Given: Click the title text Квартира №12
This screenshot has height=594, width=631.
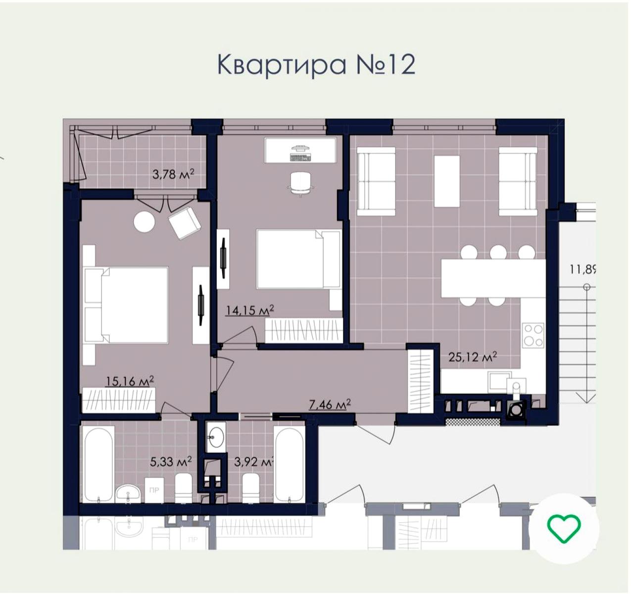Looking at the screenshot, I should pos(316,64).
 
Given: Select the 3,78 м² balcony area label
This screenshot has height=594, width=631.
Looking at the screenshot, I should pos(173,174).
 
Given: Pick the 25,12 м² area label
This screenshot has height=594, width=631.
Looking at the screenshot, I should pos(472,357).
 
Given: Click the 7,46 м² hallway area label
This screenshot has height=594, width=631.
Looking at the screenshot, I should pos(330,405).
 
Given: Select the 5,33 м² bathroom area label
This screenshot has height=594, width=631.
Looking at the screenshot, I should pos(170,462).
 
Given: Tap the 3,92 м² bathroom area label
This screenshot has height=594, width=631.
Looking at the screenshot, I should pos(253,462).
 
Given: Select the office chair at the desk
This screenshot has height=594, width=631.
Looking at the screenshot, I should pos(301,183).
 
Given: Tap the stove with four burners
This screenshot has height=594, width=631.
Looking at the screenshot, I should pos(534,335).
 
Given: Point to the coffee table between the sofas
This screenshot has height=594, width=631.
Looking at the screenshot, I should pos(446,181).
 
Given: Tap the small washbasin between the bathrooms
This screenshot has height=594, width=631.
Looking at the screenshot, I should pos(216,436).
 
